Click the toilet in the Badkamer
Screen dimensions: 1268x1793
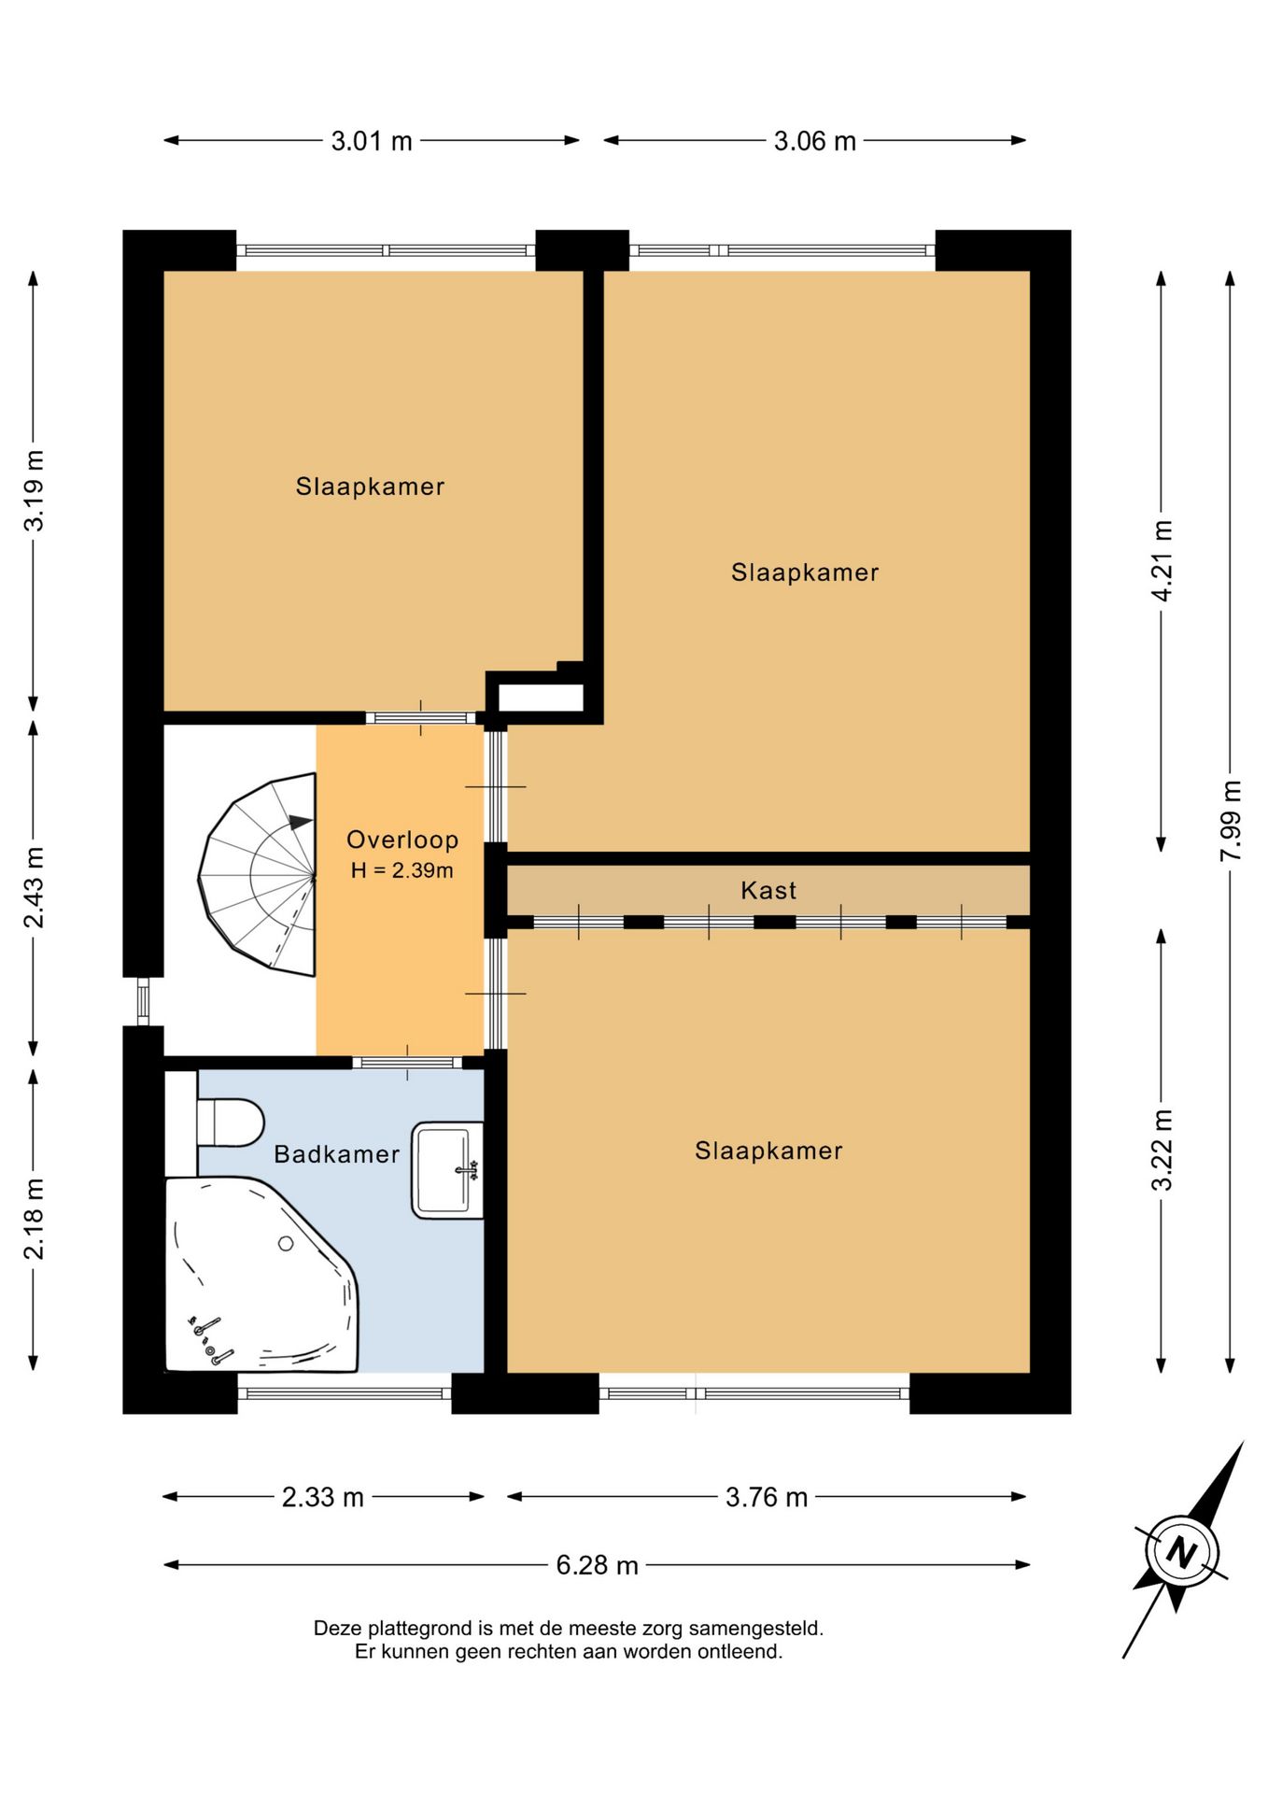(x=230, y=1122)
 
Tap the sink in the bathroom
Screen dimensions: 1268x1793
(x=447, y=1169)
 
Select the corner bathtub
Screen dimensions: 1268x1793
(x=261, y=1275)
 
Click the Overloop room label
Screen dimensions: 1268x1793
(x=402, y=840)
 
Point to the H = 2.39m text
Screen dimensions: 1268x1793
(x=402, y=870)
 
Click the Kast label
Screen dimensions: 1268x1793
(x=768, y=890)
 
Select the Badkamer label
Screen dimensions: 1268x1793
(x=336, y=1154)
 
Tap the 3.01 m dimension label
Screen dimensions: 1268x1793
(x=372, y=141)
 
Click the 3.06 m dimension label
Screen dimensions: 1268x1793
(x=814, y=141)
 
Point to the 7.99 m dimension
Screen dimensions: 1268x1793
(x=1231, y=821)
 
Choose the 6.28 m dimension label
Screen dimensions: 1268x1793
(x=597, y=1564)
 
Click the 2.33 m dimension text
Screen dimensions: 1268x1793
(x=323, y=1497)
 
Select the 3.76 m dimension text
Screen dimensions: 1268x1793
(x=767, y=1497)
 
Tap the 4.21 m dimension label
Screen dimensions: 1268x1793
(x=1162, y=560)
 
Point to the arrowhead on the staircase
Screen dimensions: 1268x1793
(x=301, y=822)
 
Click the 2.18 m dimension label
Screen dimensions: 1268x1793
(x=34, y=1219)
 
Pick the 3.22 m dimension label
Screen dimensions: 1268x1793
(x=1162, y=1151)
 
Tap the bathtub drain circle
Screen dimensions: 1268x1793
(x=286, y=1244)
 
